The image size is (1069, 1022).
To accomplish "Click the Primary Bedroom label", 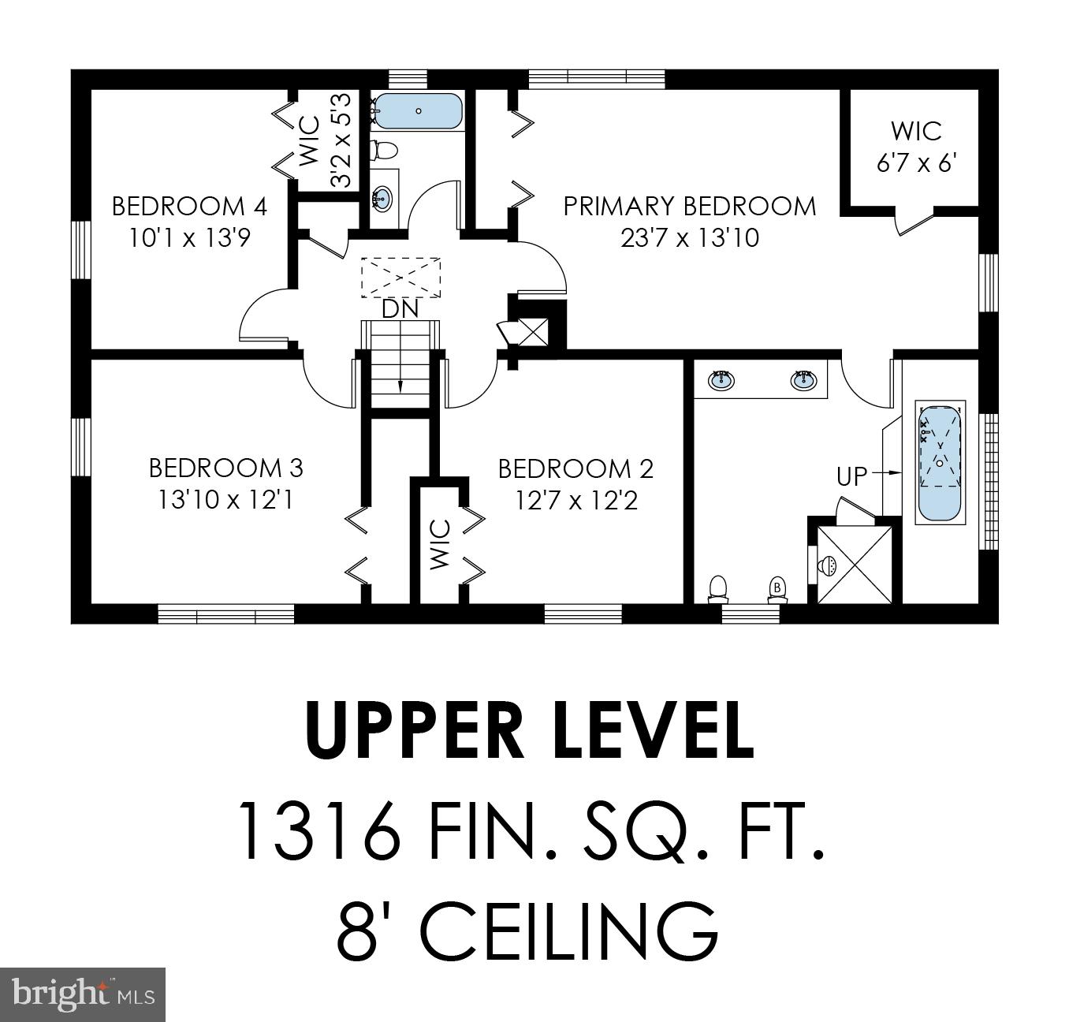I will point(689,206).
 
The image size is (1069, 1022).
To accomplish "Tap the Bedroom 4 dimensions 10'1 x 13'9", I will point(189,237).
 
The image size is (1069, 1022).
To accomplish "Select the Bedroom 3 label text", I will point(226,468).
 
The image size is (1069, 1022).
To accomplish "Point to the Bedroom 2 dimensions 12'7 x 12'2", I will point(576,500).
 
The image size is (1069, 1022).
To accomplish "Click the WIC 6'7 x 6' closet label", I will point(916,147).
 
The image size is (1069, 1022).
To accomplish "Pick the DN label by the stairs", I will point(400,309).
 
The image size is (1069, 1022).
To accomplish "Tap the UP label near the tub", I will point(851,476).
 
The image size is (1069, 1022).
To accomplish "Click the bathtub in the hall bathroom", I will point(418,111).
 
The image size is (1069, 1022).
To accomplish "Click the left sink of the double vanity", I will point(721,380).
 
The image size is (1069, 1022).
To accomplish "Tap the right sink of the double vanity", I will point(803,380).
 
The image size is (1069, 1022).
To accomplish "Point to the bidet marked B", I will point(777,587).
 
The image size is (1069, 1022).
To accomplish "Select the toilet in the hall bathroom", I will point(385,149).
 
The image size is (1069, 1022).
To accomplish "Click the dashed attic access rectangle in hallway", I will point(401,277).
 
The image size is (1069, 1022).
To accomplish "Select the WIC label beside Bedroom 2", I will point(440,544).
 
